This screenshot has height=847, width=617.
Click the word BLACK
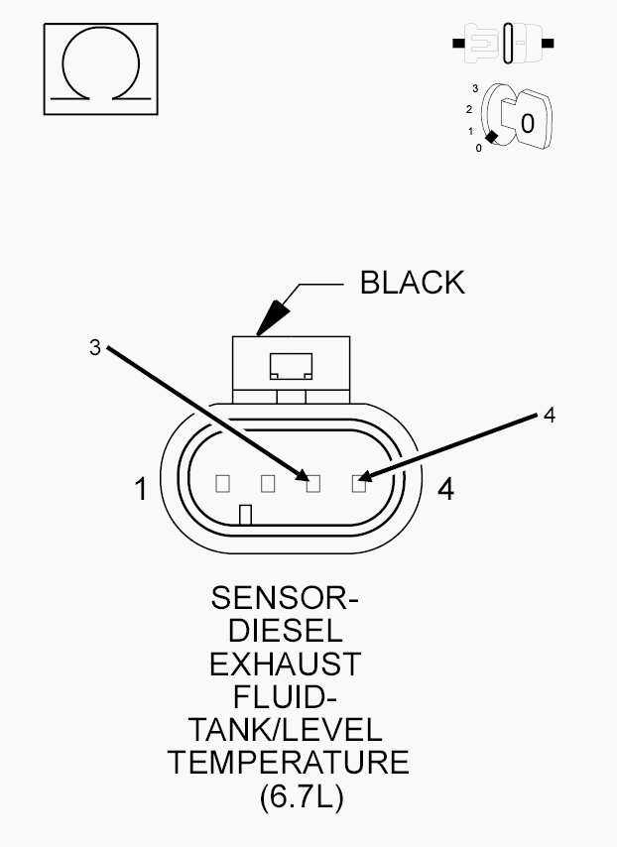pos(413,283)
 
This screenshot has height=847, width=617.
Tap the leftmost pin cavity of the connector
pos(222,483)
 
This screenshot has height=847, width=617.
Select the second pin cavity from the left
pos(268,483)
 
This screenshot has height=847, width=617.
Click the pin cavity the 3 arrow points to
pos(313,483)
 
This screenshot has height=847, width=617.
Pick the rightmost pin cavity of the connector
pos(359,483)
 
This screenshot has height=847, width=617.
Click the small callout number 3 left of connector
pos(95,348)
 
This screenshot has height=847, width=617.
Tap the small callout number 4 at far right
pos(550,416)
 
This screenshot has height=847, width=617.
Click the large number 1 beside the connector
pos(141,489)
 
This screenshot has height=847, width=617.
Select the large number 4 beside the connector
pos(445,489)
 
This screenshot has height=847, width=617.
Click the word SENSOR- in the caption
pos(285,598)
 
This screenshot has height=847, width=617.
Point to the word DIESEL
pos(286,631)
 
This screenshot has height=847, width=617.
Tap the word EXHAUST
pos(286,664)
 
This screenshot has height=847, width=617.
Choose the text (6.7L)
pos(302,796)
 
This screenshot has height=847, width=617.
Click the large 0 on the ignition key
pos(528,124)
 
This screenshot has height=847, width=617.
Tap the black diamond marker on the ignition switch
pos(491,137)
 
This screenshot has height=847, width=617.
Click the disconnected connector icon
pos(503,43)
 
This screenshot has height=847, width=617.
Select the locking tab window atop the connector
pos(291,366)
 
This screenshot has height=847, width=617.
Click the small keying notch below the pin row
pos(245,514)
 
